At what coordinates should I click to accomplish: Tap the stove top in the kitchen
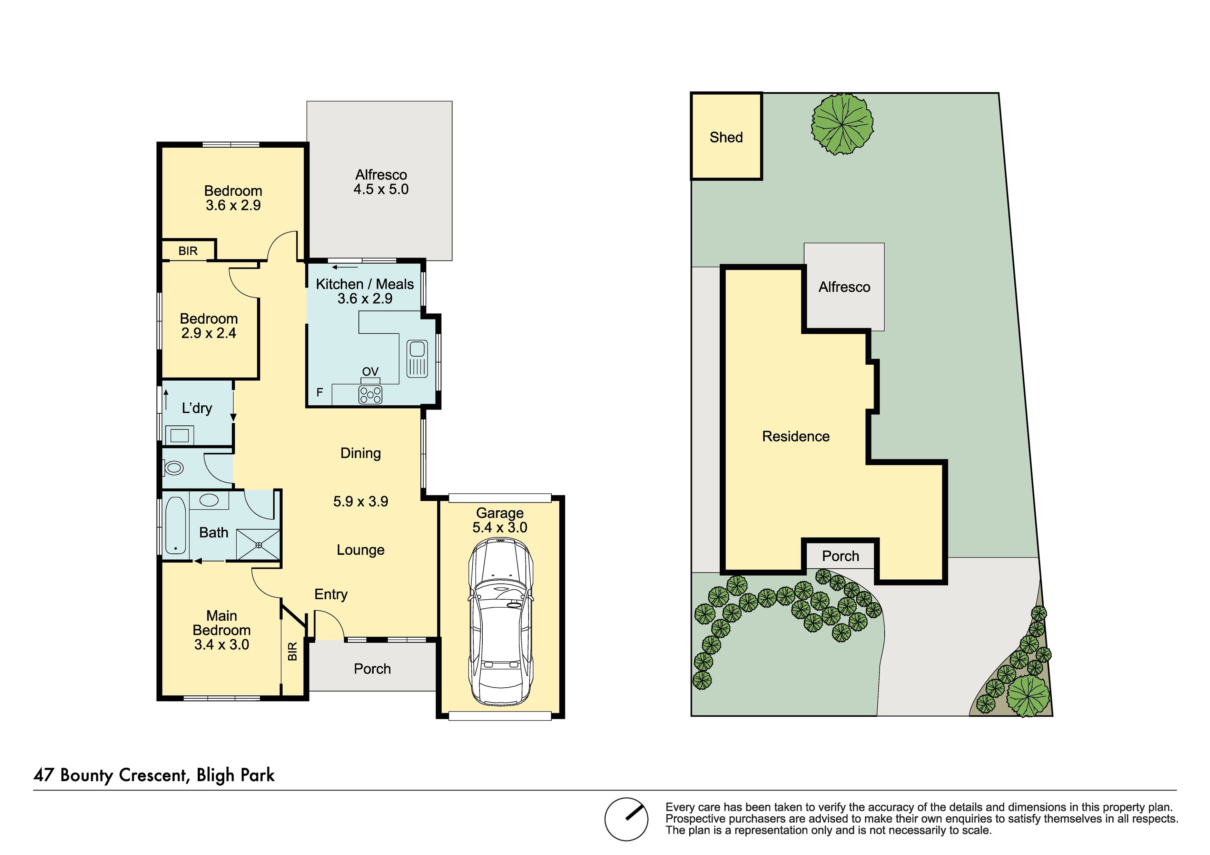371,395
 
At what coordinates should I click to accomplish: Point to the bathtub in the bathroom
176,525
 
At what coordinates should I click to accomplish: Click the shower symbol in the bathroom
258,544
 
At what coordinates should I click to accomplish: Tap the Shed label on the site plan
726,138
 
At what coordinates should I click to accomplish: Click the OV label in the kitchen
371,372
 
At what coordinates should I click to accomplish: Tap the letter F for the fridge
319,392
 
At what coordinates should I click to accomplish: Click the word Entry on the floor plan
331,594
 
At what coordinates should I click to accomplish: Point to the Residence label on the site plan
796,436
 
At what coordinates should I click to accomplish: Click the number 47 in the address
44,775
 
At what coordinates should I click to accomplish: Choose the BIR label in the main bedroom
293,651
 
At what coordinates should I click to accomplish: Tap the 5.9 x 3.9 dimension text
361,501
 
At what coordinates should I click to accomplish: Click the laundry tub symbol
179,435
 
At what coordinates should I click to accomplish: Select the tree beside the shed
843,125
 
